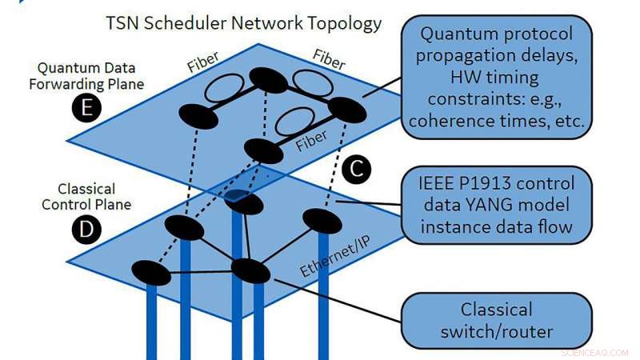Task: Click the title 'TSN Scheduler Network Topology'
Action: pyautogui.click(x=244, y=22)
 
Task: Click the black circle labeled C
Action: pyautogui.click(x=357, y=170)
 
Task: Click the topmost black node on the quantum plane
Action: pyautogui.click(x=269, y=80)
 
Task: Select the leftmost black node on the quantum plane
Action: pyautogui.click(x=199, y=117)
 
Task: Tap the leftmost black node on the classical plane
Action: pyautogui.click(x=150, y=273)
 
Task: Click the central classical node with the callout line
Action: pyautogui.click(x=250, y=270)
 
